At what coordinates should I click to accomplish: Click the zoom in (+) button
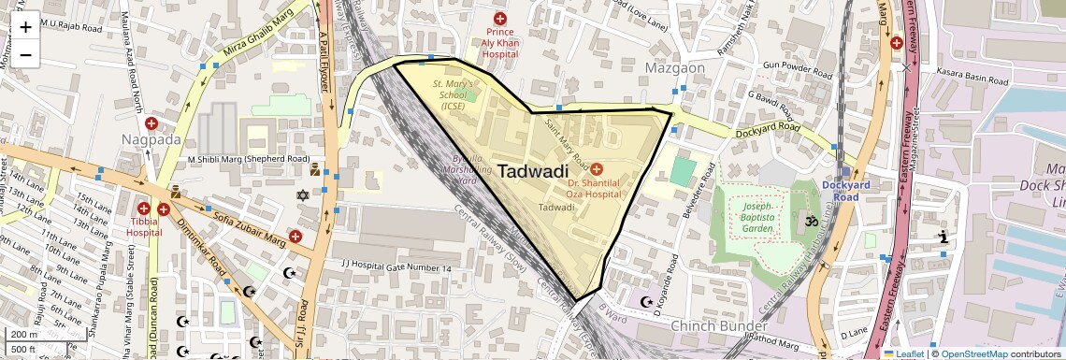(25, 26)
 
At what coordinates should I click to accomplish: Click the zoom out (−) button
(25, 54)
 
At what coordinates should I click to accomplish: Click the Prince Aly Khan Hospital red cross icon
(500, 19)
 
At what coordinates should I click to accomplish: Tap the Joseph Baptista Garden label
(757, 217)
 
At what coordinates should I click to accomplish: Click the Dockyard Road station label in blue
(846, 191)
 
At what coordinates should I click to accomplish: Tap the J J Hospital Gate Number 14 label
(396, 268)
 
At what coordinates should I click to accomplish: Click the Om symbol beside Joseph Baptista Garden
(811, 223)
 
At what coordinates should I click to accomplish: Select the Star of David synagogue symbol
(302, 195)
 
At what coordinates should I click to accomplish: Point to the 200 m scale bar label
(24, 334)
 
